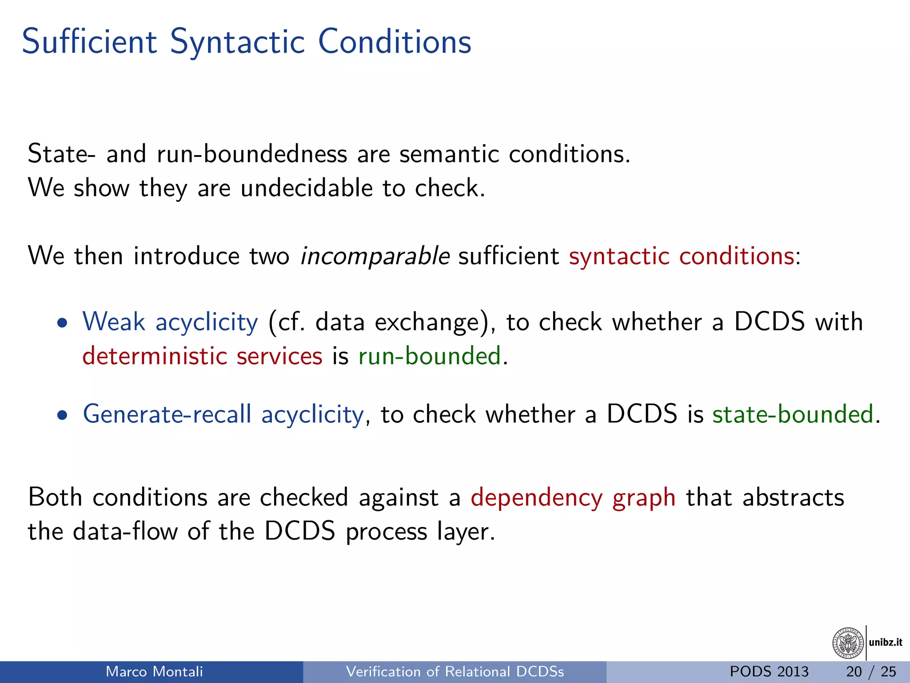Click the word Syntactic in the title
(x=237, y=42)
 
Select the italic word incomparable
(x=375, y=256)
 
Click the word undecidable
(x=306, y=188)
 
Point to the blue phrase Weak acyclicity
(x=170, y=321)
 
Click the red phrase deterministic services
(x=202, y=356)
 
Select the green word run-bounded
(x=430, y=356)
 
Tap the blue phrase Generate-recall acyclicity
(x=223, y=414)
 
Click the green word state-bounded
(x=793, y=414)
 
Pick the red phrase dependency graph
(x=573, y=497)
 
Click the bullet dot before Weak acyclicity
(x=63, y=323)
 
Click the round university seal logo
(x=848, y=643)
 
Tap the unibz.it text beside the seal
(x=886, y=642)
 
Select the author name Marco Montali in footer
(x=154, y=671)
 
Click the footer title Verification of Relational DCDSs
(x=455, y=671)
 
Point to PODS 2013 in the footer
(x=769, y=671)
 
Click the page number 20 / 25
(x=871, y=671)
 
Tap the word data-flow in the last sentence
(x=125, y=531)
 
